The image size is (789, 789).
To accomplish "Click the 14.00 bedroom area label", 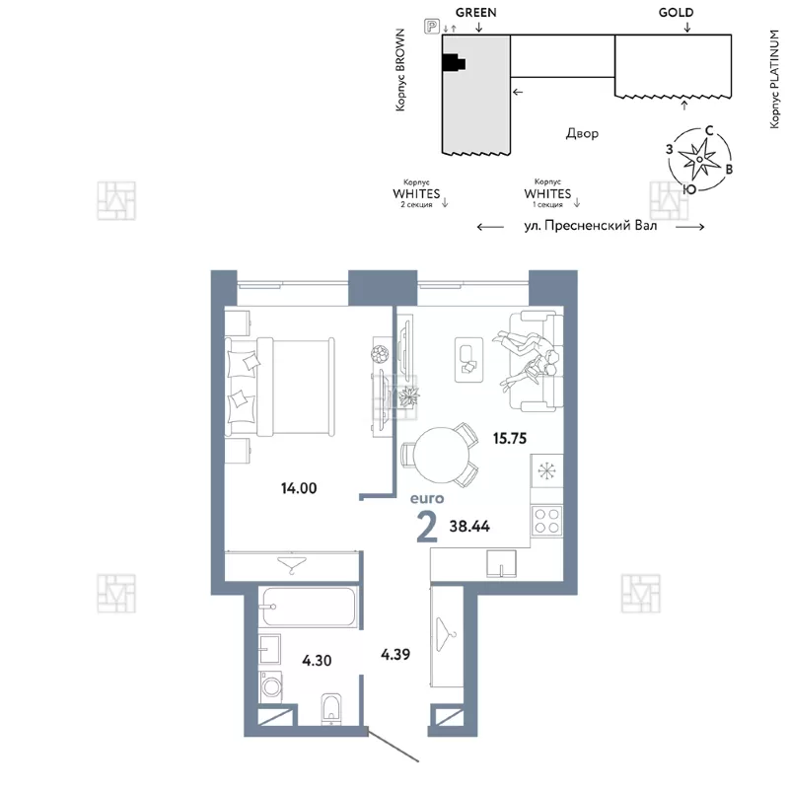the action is coord(299,488).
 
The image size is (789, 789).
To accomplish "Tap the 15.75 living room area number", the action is coord(510,438).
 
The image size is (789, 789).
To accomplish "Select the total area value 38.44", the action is coord(469,527).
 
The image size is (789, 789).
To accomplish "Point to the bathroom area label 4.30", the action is coord(317,660).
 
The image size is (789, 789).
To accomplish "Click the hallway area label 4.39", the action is coord(395,654).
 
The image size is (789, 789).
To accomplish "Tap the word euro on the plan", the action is coord(427,499).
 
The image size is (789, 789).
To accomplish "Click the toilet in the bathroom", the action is coord(330,709).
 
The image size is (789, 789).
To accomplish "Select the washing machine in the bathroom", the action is coord(270,685).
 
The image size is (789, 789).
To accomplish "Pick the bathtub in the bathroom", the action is coord(310,607).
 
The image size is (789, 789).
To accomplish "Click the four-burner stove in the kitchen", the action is coord(546,521).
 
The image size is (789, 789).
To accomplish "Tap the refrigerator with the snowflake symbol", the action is coord(546,471).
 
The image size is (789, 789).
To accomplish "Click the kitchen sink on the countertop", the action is coord(501,563).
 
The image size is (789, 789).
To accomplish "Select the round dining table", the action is coord(441,456).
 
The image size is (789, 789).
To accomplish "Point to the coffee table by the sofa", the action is coord(469,360).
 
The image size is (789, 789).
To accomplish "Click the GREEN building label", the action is coord(476,13).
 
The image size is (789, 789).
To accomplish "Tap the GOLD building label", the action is coord(676,13).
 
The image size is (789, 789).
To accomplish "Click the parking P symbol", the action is coord(432,26).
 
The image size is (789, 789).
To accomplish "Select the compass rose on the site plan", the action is coord(699,160).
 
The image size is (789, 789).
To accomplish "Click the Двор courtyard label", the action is coord(582,133).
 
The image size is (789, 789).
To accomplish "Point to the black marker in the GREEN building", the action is coord(453,63).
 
